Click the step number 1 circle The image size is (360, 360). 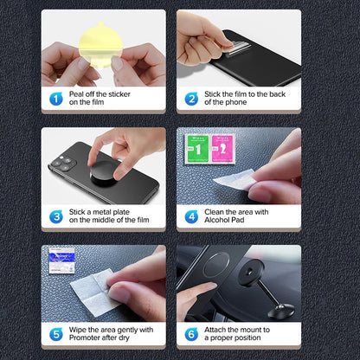point(55,99)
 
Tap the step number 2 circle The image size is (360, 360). point(191,99)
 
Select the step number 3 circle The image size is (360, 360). point(55,216)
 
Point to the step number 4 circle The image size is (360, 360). point(191,216)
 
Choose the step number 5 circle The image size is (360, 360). point(55,333)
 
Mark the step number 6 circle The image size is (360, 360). point(191,333)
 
